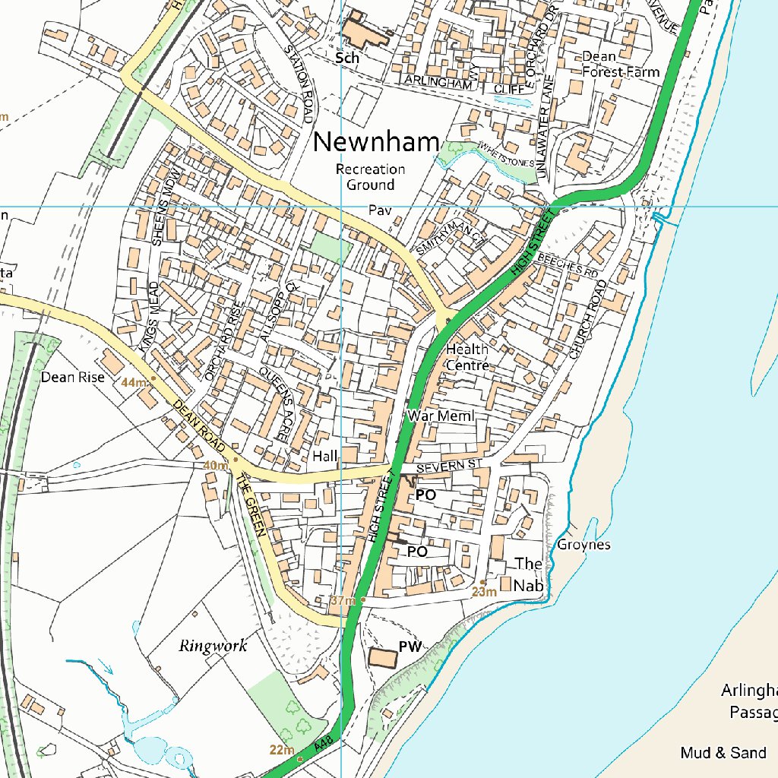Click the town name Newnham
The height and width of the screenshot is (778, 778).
pos(376,142)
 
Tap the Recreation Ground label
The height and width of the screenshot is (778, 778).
pos(371,177)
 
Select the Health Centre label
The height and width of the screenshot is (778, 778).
pos(467,357)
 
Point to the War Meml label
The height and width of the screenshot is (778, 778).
pos(441,416)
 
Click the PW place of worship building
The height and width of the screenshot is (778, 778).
pos(383,658)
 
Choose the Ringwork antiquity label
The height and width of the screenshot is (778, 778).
pos(213,647)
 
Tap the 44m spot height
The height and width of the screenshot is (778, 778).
pos(134,382)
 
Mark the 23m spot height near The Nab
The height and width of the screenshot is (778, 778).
pos(483,592)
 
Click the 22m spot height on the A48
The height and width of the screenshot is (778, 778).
pos(282,751)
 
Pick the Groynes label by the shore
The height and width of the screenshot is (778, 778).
pos(583,545)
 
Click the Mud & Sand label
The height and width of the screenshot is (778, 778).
pos(723,753)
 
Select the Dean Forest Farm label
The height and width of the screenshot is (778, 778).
pos(620,65)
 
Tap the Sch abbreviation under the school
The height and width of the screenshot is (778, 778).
pos(348,58)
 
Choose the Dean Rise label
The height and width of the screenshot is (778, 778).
pos(73,377)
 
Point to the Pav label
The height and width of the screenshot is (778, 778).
pos(378,209)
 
